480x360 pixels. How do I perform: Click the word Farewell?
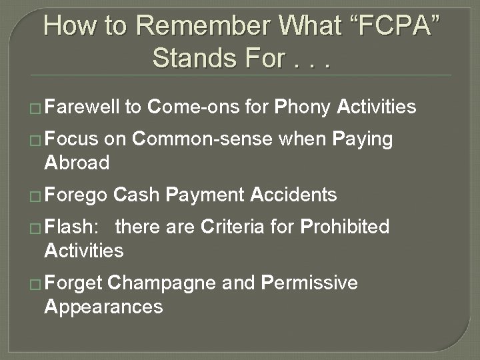(82, 106)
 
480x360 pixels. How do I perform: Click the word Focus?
(72, 139)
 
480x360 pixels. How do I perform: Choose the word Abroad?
(76, 162)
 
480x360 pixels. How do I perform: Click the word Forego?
(76, 195)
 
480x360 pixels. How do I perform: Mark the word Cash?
(137, 195)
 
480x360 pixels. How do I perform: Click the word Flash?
(71, 227)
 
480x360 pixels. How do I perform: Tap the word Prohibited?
(345, 227)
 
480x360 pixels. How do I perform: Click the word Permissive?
(309, 283)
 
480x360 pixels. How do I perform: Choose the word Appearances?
(103, 306)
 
